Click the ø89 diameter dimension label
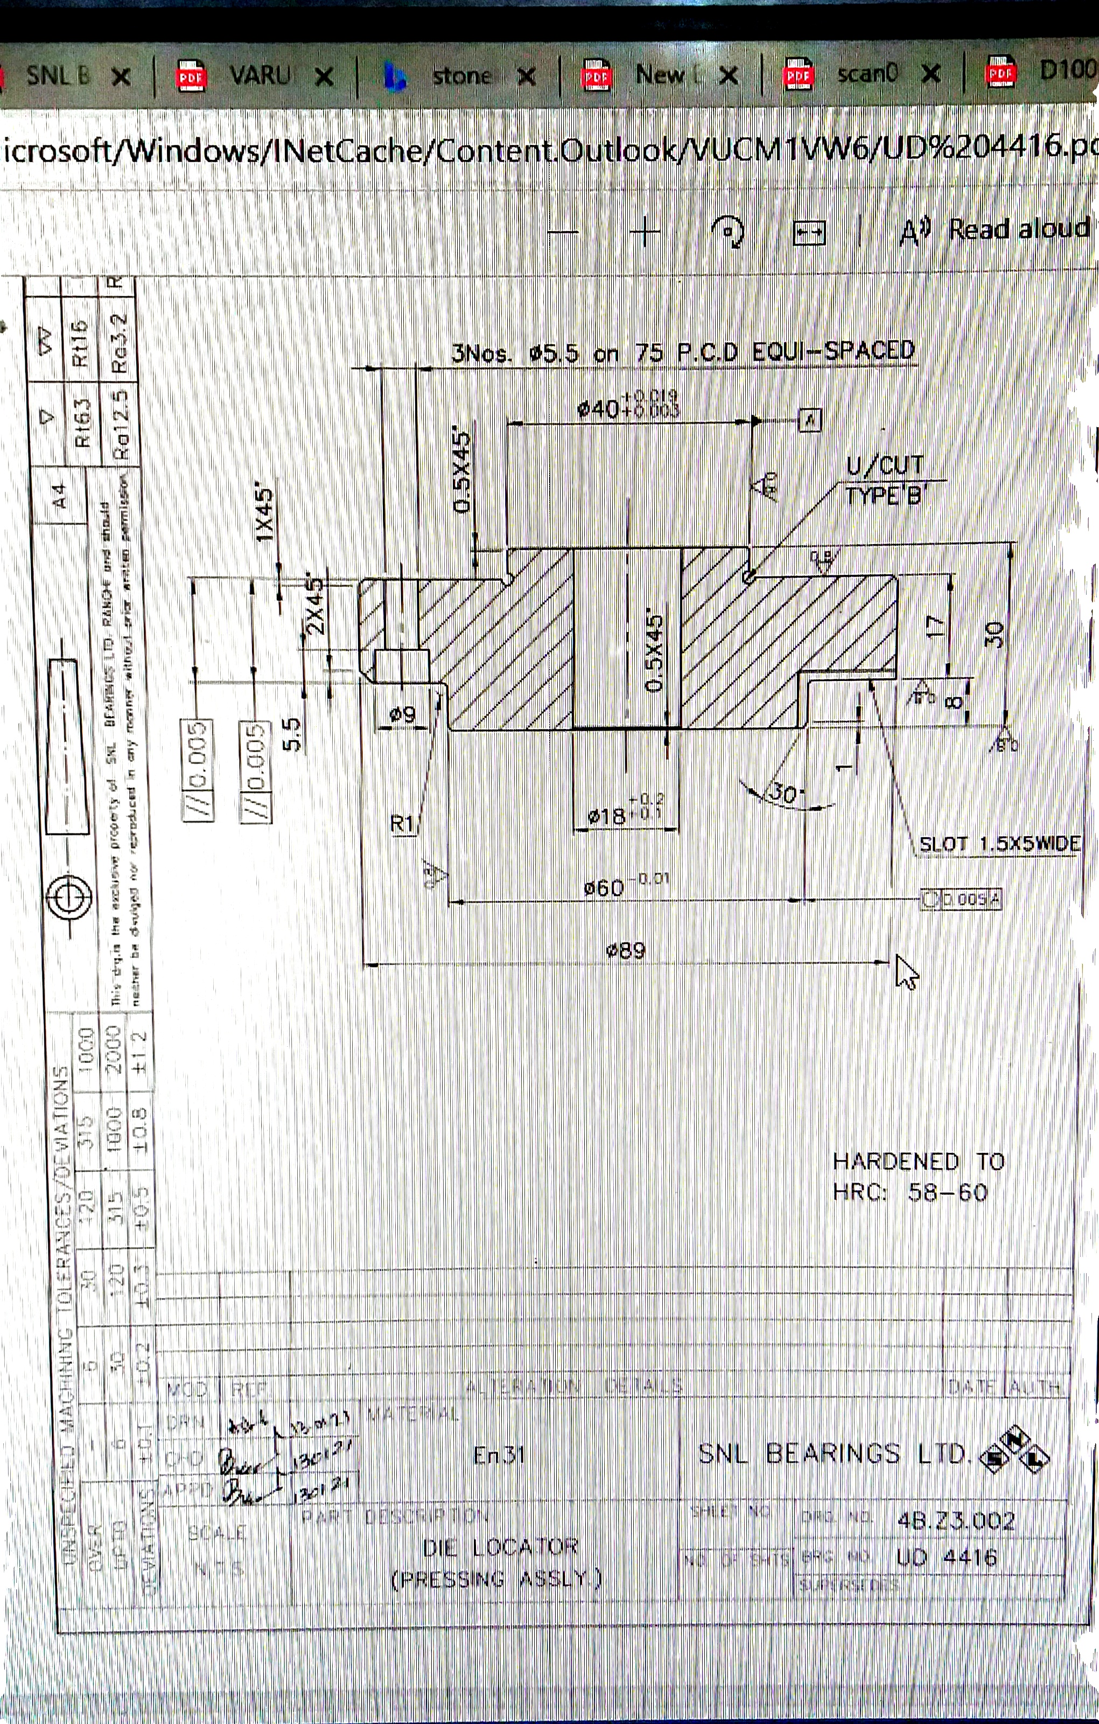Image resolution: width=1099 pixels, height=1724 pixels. (x=626, y=951)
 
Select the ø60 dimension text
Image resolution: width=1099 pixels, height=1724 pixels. (x=605, y=888)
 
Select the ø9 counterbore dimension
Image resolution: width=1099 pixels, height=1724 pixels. (x=402, y=714)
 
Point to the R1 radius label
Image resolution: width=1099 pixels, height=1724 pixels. (x=402, y=823)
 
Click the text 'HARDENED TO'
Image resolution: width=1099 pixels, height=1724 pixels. (x=919, y=1160)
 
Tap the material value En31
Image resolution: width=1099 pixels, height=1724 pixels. (x=499, y=1455)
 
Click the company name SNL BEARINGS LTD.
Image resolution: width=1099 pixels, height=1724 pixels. (x=834, y=1454)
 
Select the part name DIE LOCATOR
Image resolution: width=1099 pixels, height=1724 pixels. (x=500, y=1546)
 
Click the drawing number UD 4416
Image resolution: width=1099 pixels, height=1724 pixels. (x=946, y=1556)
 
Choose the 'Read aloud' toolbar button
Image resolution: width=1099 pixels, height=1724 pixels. (x=1018, y=229)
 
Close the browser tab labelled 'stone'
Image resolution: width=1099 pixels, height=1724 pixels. (x=526, y=77)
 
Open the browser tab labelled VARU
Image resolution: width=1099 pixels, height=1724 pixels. (x=259, y=74)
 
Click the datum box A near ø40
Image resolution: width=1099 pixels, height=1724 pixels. (x=809, y=420)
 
